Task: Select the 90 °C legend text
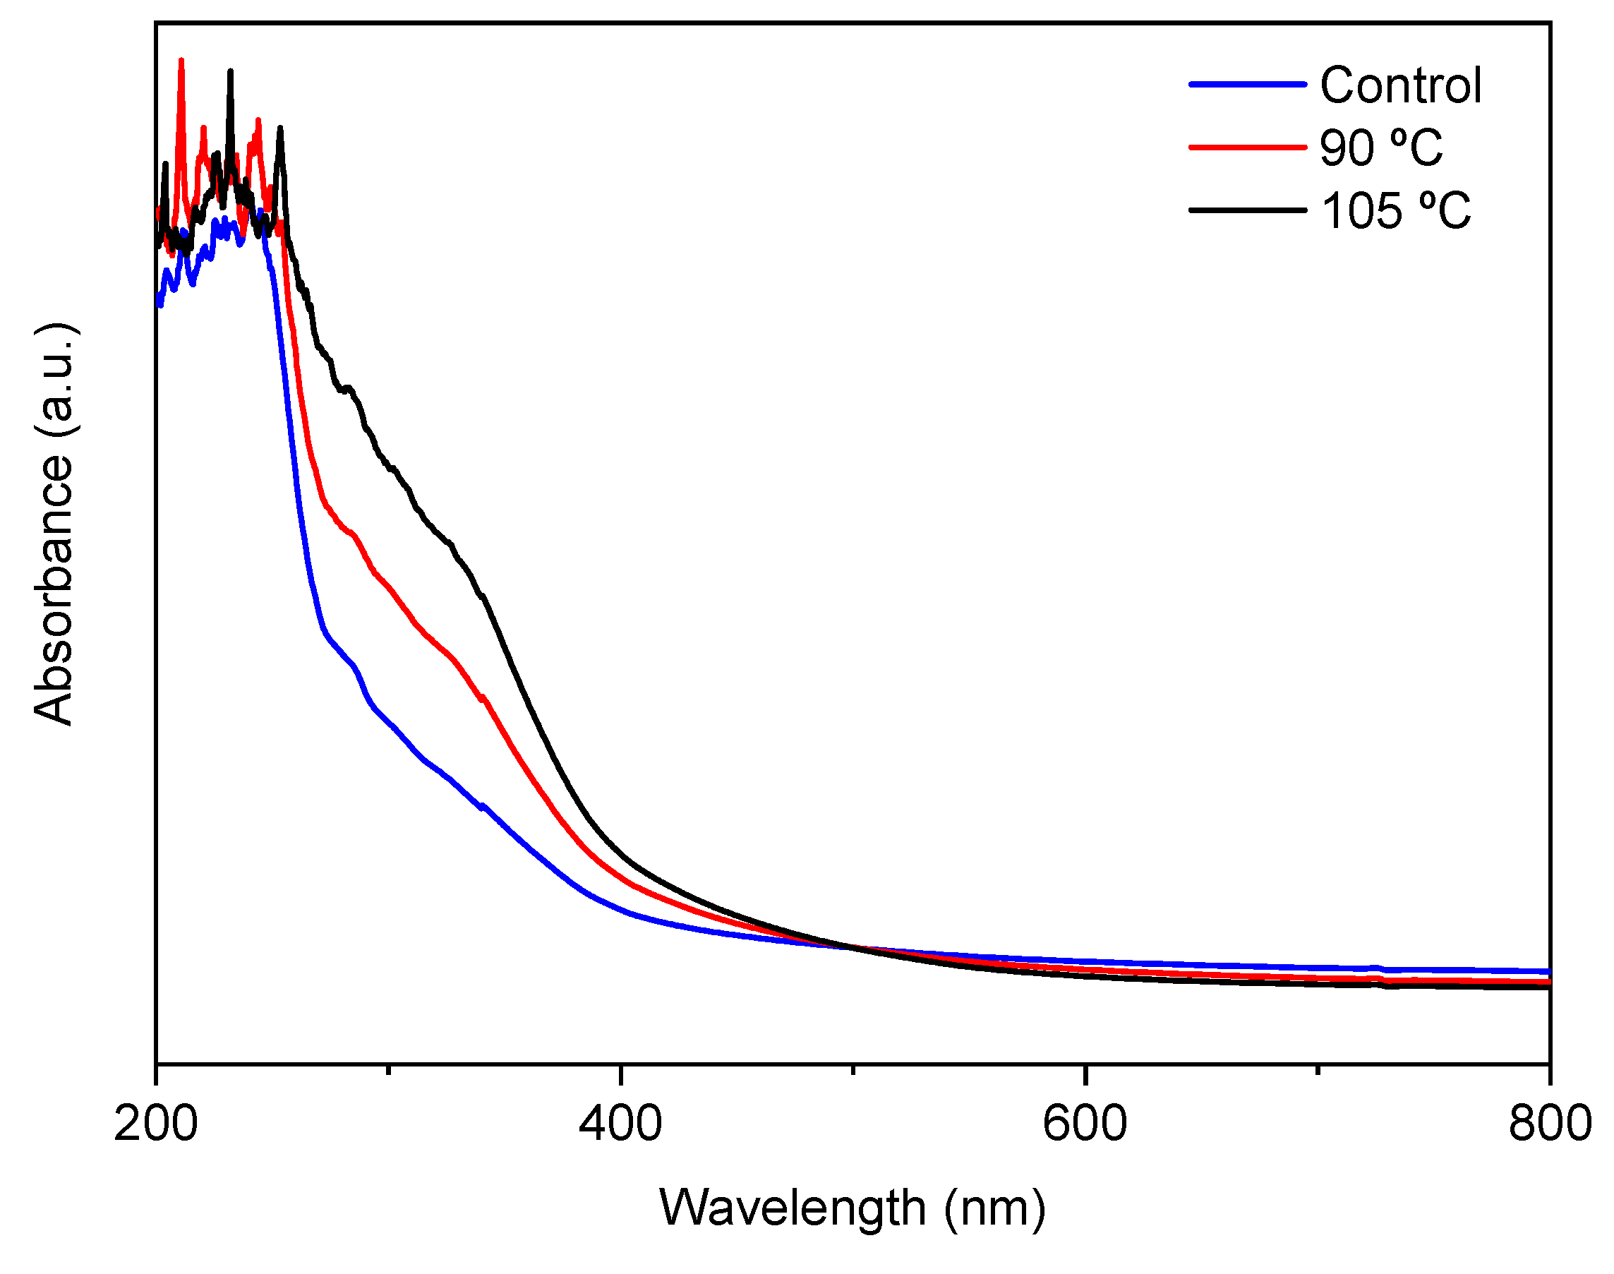(x=1380, y=148)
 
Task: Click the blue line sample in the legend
(x=1247, y=85)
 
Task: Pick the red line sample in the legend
(x=1247, y=148)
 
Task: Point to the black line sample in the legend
(x=1247, y=210)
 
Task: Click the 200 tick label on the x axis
(x=156, y=1124)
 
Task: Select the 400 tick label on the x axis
(x=620, y=1124)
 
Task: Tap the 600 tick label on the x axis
(x=1085, y=1124)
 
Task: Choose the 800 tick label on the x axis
(x=1549, y=1124)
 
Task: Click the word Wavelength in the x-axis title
(x=792, y=1208)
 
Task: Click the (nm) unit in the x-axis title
(x=994, y=1208)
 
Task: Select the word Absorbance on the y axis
(x=54, y=589)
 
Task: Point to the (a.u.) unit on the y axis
(x=54, y=380)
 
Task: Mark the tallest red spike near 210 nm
(x=181, y=61)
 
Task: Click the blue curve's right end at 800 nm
(x=1547, y=972)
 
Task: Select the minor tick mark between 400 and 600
(x=853, y=1069)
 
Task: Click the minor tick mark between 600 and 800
(x=1317, y=1069)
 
